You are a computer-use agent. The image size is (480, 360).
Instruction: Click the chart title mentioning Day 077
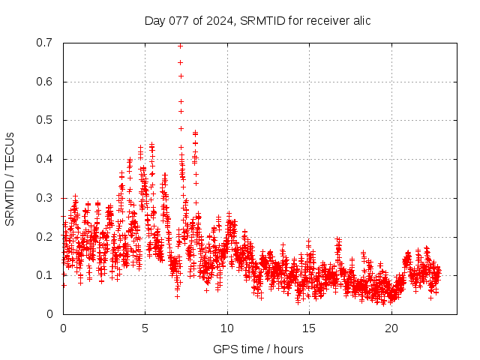tap(257, 20)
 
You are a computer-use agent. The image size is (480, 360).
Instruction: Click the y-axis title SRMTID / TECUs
tap(10, 178)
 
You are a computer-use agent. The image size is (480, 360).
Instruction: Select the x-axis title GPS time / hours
tap(257, 349)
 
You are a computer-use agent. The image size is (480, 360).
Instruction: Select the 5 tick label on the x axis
tap(145, 328)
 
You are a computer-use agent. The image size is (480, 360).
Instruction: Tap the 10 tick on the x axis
tap(226, 328)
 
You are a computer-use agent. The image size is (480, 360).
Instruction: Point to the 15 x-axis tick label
tap(308, 328)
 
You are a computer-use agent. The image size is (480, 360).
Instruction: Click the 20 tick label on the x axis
tap(390, 328)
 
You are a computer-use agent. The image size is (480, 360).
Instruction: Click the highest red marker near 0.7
tap(181, 45)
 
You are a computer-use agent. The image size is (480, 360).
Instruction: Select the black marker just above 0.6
tap(181, 76)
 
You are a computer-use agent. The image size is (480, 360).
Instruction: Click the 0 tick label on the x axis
tap(63, 328)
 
